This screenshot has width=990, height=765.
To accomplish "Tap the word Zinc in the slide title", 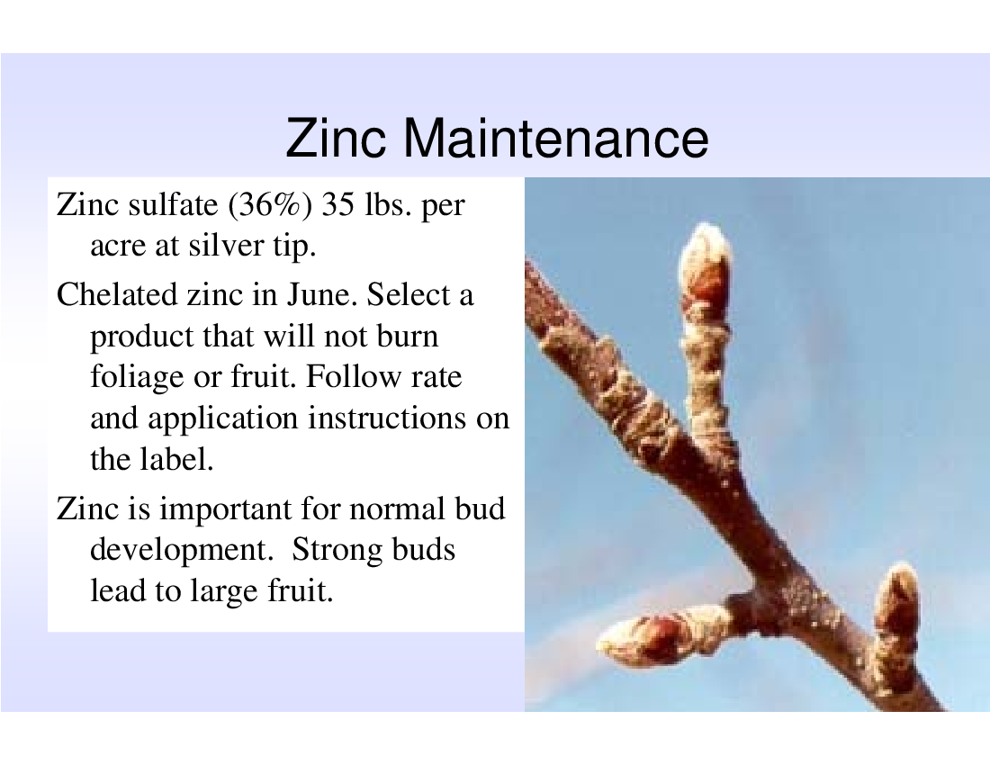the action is click(x=336, y=138).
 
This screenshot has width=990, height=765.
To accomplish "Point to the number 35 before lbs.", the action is click(x=337, y=204).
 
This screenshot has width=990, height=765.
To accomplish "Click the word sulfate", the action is click(x=173, y=204).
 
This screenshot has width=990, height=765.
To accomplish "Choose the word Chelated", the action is click(x=117, y=295).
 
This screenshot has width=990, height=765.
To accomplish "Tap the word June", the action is click(x=322, y=295).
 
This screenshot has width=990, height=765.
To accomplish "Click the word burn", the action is click(x=407, y=336).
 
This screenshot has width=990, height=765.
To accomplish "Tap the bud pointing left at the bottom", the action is click(x=657, y=637).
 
